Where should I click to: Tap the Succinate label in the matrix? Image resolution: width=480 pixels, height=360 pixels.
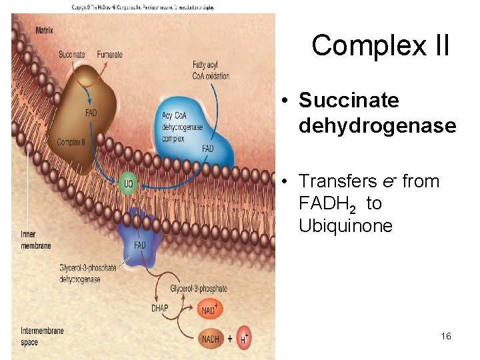71,55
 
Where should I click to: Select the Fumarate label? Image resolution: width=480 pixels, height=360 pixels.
109,55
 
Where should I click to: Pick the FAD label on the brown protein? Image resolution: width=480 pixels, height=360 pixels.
91,113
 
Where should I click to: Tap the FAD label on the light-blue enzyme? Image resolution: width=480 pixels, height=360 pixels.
208,149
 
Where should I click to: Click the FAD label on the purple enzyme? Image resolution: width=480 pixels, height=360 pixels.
140,245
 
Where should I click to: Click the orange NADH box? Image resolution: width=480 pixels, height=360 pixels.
211,339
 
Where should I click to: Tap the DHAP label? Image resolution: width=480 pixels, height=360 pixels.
159,308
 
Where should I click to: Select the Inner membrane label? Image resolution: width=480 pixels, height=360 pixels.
35,241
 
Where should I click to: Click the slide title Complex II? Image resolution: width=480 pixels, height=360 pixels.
380,45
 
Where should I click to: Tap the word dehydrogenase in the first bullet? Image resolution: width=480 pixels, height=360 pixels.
377,126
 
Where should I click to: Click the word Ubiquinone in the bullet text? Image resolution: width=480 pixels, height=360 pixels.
345,226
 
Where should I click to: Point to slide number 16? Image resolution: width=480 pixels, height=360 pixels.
446,336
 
